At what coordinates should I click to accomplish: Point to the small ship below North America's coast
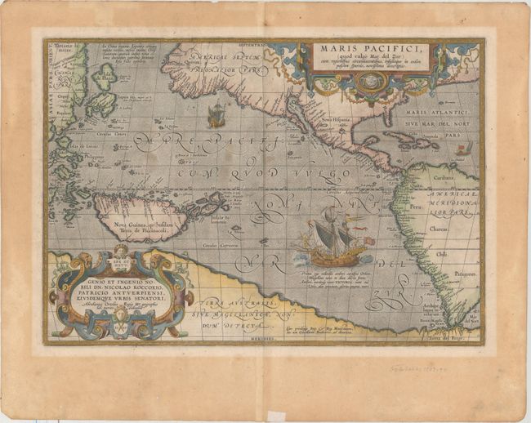(216, 116)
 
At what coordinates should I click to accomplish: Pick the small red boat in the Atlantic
(463, 148)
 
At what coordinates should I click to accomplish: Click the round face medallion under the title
(371, 82)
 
